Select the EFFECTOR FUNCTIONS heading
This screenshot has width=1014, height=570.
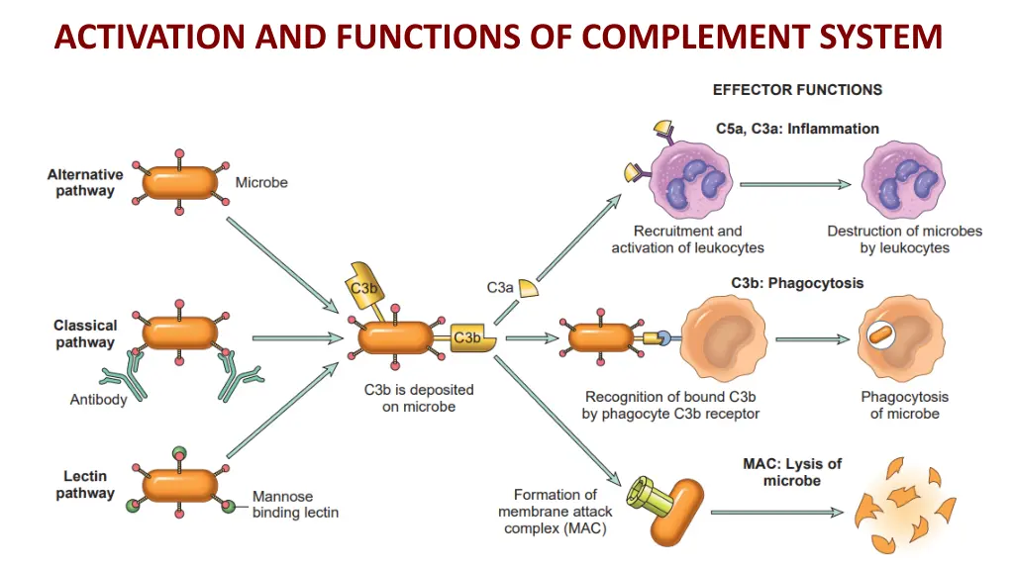click(797, 89)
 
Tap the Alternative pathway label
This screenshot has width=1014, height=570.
click(85, 183)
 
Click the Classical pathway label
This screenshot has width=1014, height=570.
click(85, 333)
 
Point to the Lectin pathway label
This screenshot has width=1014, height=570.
click(85, 485)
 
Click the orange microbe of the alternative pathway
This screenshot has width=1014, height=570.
click(179, 183)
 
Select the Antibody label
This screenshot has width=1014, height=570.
click(98, 400)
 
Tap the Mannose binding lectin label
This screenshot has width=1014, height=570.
click(295, 505)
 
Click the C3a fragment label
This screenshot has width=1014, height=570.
click(500, 287)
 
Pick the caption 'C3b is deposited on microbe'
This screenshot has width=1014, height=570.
click(419, 398)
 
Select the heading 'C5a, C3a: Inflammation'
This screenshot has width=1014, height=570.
click(797, 129)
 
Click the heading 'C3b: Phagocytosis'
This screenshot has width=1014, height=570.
click(797, 283)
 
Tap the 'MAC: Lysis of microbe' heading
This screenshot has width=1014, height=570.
click(792, 472)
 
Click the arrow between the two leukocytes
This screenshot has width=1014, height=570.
click(794, 184)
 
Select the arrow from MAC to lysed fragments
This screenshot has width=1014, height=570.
click(777, 513)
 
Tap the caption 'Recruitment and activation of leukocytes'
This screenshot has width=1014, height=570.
click(687, 239)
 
